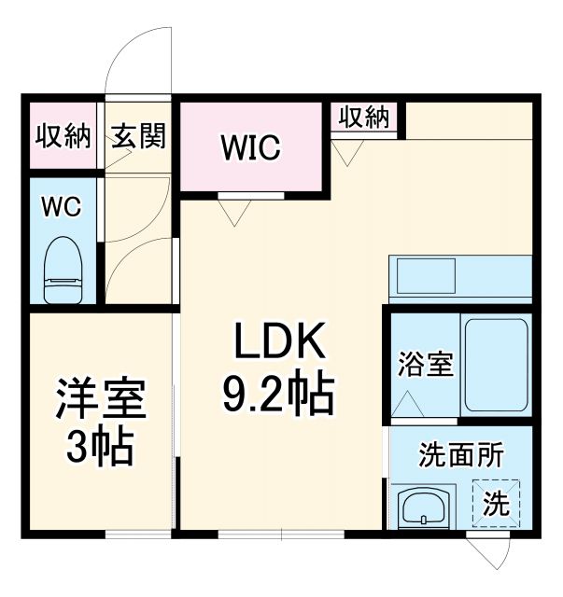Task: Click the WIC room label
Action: [x=250, y=147]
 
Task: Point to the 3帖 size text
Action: [x=100, y=450]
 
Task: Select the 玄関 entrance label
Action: [x=139, y=136]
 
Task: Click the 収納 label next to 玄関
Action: [x=63, y=136]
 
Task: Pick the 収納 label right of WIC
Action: [x=363, y=118]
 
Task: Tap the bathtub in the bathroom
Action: [x=498, y=365]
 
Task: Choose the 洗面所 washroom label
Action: [x=460, y=456]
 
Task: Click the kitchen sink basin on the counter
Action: [x=426, y=276]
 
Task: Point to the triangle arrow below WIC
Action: [x=234, y=215]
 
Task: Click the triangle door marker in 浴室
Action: [x=407, y=403]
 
